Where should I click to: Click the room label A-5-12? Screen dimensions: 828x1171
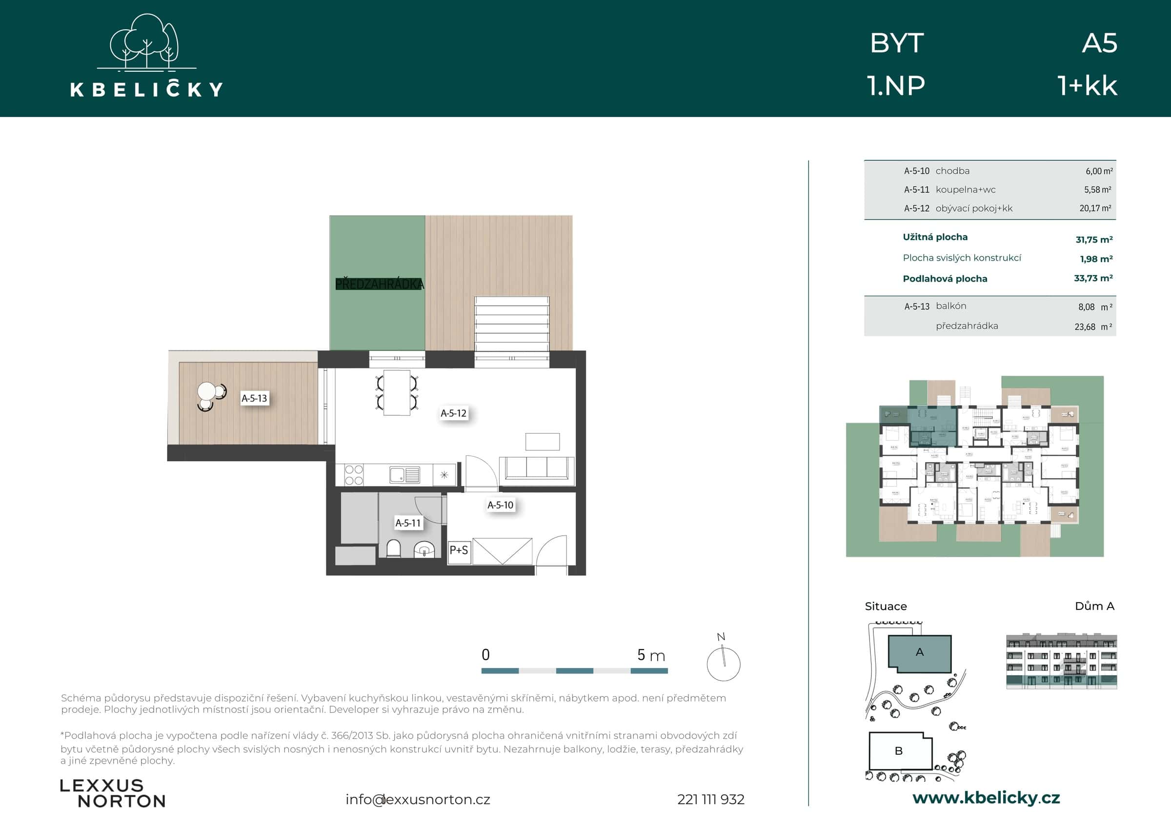click(x=453, y=413)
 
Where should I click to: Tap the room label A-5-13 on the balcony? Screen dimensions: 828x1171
click(x=254, y=399)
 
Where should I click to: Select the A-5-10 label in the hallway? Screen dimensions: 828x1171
click(x=500, y=505)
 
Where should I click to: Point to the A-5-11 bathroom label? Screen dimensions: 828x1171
click(x=407, y=523)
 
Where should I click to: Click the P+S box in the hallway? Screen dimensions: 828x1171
click(x=459, y=550)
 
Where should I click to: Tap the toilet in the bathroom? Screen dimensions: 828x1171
click(x=394, y=549)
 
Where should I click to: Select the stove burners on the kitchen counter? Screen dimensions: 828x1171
click(x=353, y=475)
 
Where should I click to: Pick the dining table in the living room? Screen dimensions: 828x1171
click(x=397, y=393)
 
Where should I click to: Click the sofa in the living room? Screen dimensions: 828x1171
click(x=537, y=468)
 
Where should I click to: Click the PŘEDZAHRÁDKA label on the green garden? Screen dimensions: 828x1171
click(x=380, y=284)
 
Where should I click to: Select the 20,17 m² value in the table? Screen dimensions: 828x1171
click(x=1094, y=208)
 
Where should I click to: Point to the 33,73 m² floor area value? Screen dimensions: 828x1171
click(x=1093, y=278)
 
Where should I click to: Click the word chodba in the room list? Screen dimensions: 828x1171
click(x=952, y=171)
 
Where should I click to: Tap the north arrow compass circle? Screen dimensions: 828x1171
click(x=723, y=664)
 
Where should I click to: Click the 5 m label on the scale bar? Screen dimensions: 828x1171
click(x=651, y=655)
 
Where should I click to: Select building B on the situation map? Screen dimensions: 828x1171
click(x=899, y=751)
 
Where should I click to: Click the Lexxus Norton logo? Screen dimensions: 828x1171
click(x=113, y=793)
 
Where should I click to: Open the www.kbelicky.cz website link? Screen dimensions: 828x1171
click(x=986, y=798)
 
